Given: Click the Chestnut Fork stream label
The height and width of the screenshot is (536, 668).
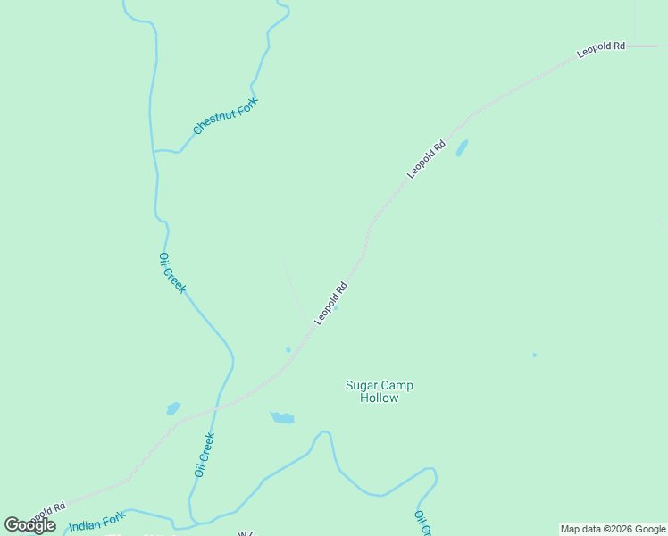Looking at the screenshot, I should (225, 116).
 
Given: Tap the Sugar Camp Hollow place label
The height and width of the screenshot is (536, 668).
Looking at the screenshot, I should (380, 391).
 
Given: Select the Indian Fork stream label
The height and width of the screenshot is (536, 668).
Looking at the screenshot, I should (97, 521).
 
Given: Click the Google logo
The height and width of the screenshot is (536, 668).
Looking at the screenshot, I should (29, 525).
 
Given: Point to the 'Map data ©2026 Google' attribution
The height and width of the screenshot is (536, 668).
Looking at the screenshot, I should (613, 529).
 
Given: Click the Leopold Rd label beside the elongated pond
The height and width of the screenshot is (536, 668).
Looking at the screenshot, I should (426, 159).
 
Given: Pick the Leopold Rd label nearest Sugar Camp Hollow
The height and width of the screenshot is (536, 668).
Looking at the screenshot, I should (330, 304).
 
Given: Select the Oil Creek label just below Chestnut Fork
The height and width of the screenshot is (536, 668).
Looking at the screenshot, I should (171, 272).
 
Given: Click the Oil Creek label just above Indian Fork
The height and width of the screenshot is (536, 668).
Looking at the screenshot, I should (205, 454).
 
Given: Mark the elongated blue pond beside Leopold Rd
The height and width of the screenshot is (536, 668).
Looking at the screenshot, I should (462, 148).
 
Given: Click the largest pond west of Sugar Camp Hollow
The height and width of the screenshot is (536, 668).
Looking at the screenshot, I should (282, 417).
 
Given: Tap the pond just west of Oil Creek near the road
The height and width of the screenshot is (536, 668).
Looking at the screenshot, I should (173, 408).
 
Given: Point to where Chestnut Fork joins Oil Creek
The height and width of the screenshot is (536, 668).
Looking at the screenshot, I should (154, 151).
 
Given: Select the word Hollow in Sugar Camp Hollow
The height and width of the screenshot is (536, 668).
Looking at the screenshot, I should (380, 398).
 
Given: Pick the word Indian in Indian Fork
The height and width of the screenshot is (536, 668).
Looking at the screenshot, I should (85, 524).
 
